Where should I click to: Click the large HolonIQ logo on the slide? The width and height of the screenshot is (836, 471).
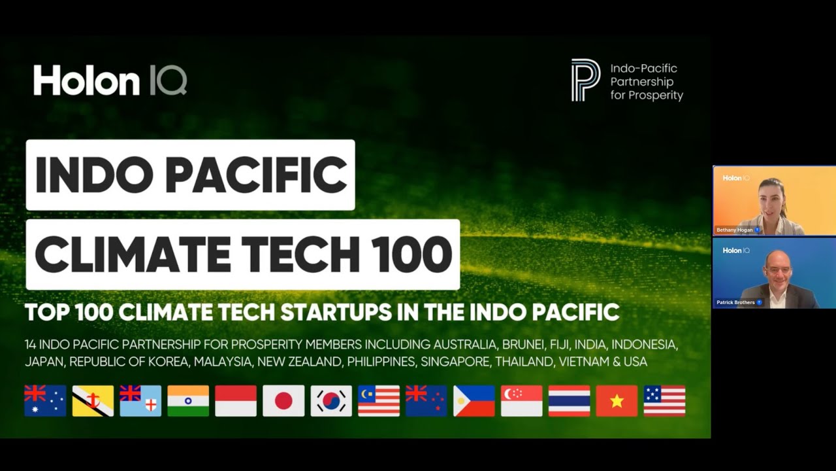[110, 80]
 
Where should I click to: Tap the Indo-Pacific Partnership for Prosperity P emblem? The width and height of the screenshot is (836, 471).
[585, 80]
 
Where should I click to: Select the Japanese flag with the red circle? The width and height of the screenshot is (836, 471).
[283, 401]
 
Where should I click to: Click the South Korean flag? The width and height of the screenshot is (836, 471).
[331, 401]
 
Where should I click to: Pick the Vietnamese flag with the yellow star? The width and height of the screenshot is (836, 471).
[617, 401]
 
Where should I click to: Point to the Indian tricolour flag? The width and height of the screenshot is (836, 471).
[188, 401]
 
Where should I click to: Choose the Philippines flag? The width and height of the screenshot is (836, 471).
[474, 401]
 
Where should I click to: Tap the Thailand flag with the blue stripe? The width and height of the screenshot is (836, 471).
[569, 401]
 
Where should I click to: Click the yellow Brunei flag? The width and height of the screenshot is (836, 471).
[93, 401]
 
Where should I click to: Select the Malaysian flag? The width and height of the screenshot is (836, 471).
[379, 401]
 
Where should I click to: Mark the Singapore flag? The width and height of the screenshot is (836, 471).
[521, 401]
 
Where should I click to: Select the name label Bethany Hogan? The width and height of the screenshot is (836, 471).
[735, 230]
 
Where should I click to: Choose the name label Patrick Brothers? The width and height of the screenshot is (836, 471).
[736, 302]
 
